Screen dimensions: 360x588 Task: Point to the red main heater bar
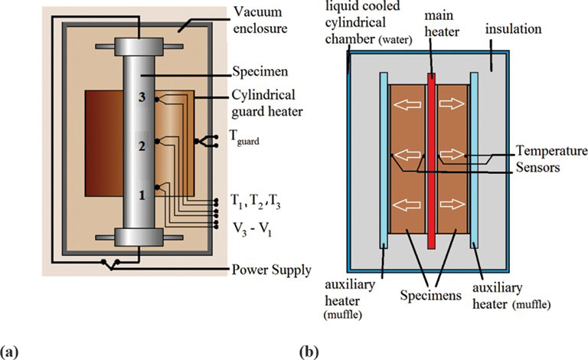pos(433,169)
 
